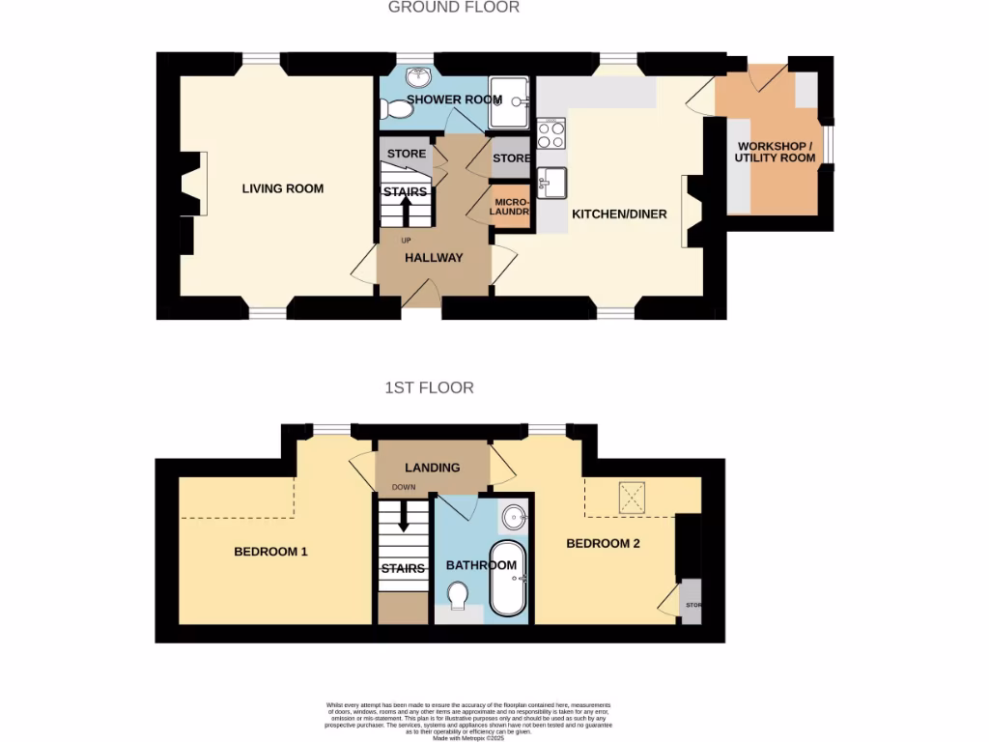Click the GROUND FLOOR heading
pyautogui.click(x=453, y=8)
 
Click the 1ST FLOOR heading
pyautogui.click(x=429, y=387)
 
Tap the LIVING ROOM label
pyautogui.click(x=282, y=188)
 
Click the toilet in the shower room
pyautogui.click(x=397, y=110)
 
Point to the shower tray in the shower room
pyautogui.click(x=508, y=102)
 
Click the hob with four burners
pyautogui.click(x=551, y=133)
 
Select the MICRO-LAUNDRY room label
pyautogui.click(x=511, y=208)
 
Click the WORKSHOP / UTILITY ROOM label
pyautogui.click(x=775, y=152)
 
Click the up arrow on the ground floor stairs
pyautogui.click(x=406, y=211)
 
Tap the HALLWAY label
pyautogui.click(x=434, y=258)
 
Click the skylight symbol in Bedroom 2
pyautogui.click(x=632, y=499)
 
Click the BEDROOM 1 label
pyautogui.click(x=270, y=552)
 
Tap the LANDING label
pyautogui.click(x=432, y=468)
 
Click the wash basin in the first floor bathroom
pyautogui.click(x=514, y=516)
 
